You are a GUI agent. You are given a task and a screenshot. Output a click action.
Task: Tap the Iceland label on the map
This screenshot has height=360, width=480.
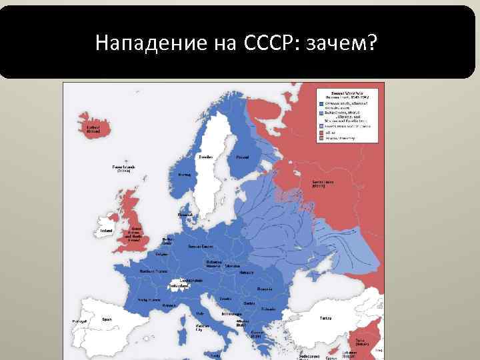(x=94, y=129)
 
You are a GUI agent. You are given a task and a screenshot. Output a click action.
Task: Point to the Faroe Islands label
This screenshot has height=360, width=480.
(x=123, y=168)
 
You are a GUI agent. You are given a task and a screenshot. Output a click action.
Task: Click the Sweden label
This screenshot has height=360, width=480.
(x=206, y=157)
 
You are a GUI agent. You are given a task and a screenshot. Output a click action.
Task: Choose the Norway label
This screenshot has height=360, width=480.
(x=185, y=175)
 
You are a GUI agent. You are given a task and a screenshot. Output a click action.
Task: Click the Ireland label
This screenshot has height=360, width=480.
(x=107, y=231)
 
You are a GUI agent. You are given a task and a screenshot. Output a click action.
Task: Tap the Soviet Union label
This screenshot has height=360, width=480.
(x=323, y=183)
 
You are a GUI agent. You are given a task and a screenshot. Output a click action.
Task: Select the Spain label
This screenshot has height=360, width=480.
(x=107, y=319)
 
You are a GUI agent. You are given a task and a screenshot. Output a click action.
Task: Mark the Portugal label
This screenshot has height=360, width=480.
(x=79, y=322)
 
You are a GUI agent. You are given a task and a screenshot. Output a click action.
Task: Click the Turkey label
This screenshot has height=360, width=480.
(x=326, y=317)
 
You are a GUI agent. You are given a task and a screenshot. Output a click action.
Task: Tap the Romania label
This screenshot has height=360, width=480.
(x=265, y=289)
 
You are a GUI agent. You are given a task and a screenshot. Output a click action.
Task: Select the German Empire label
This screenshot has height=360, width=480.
(x=200, y=246)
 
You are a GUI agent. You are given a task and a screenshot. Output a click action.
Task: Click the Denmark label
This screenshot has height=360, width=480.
(x=185, y=215)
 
